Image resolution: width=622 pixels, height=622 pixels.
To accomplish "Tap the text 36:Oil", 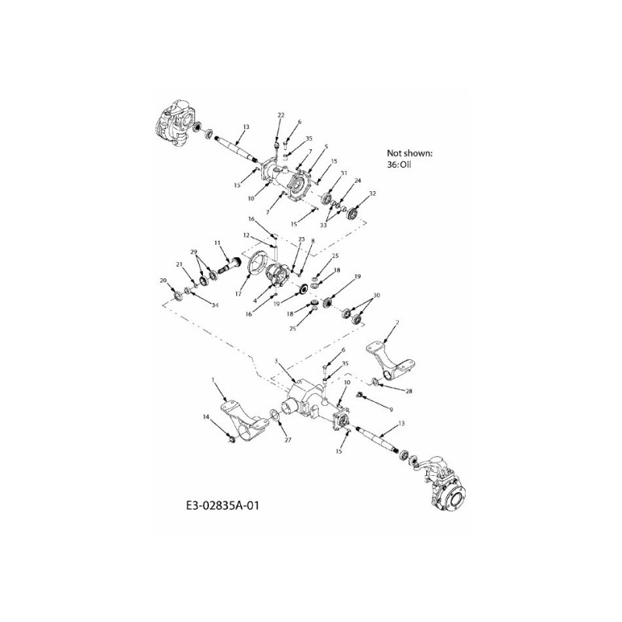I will [x=402, y=165].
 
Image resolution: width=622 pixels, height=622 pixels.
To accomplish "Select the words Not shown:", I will [x=409, y=153].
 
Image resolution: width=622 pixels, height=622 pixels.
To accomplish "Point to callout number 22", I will [x=281, y=115].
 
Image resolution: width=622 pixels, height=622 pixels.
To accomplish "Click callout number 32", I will [x=372, y=194].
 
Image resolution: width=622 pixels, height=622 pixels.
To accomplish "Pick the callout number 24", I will [x=358, y=180].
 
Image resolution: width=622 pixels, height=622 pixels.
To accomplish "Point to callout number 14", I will [x=206, y=418].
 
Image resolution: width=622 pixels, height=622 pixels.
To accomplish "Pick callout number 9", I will [x=392, y=408].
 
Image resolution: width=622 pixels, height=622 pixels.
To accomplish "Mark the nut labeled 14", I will [x=232, y=441].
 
